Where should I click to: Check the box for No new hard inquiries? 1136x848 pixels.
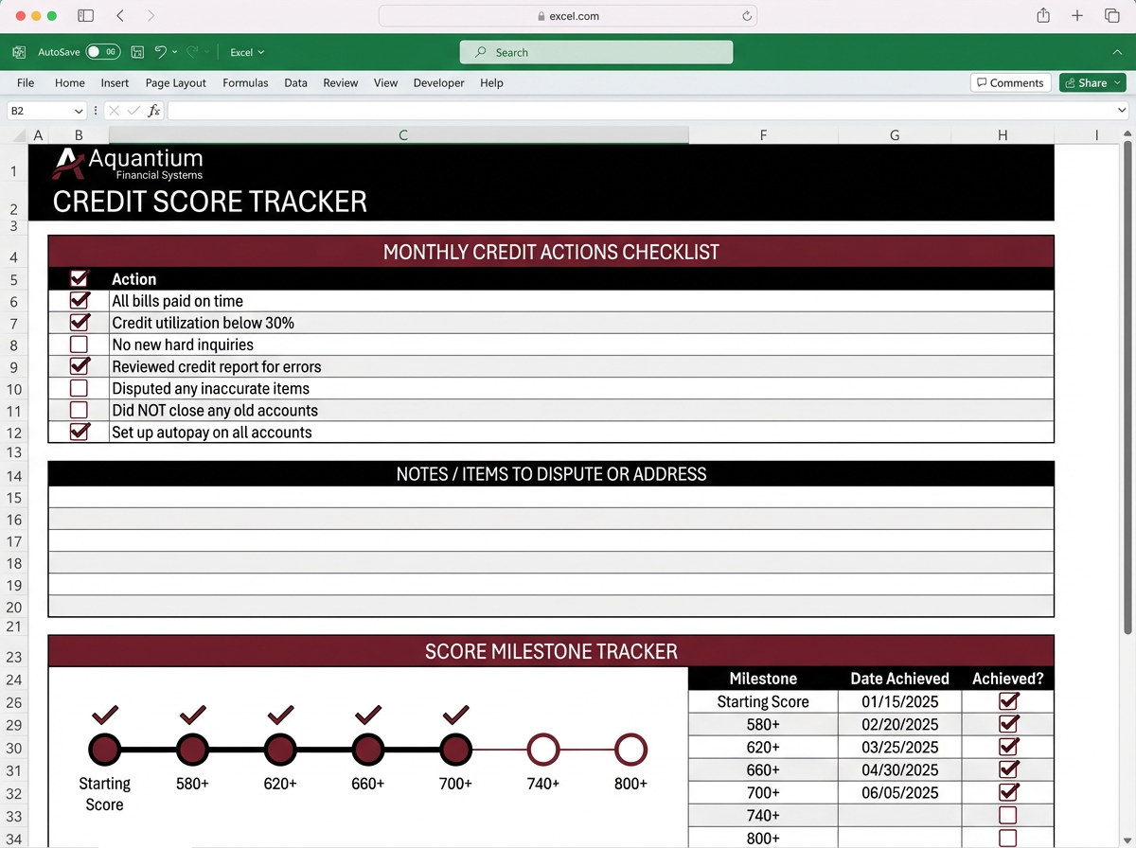(x=80, y=344)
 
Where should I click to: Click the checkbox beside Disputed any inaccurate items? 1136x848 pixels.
(x=80, y=388)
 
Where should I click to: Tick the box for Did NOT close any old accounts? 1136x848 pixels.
(x=80, y=410)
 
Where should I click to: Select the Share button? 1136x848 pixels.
(x=1092, y=82)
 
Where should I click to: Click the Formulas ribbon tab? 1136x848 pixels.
(x=245, y=82)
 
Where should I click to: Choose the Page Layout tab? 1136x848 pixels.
(x=175, y=82)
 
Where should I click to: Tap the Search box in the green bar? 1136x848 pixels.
(x=596, y=52)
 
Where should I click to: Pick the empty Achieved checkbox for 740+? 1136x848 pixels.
(x=1008, y=815)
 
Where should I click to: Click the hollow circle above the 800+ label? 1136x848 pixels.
(x=630, y=750)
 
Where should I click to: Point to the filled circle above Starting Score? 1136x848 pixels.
(x=104, y=750)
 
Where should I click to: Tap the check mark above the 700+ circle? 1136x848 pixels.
(x=456, y=714)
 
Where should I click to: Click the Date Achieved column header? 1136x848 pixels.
(x=899, y=678)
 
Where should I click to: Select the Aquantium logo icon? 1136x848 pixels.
(x=68, y=163)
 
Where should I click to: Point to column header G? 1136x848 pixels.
(x=895, y=135)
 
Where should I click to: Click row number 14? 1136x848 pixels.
(x=14, y=476)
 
